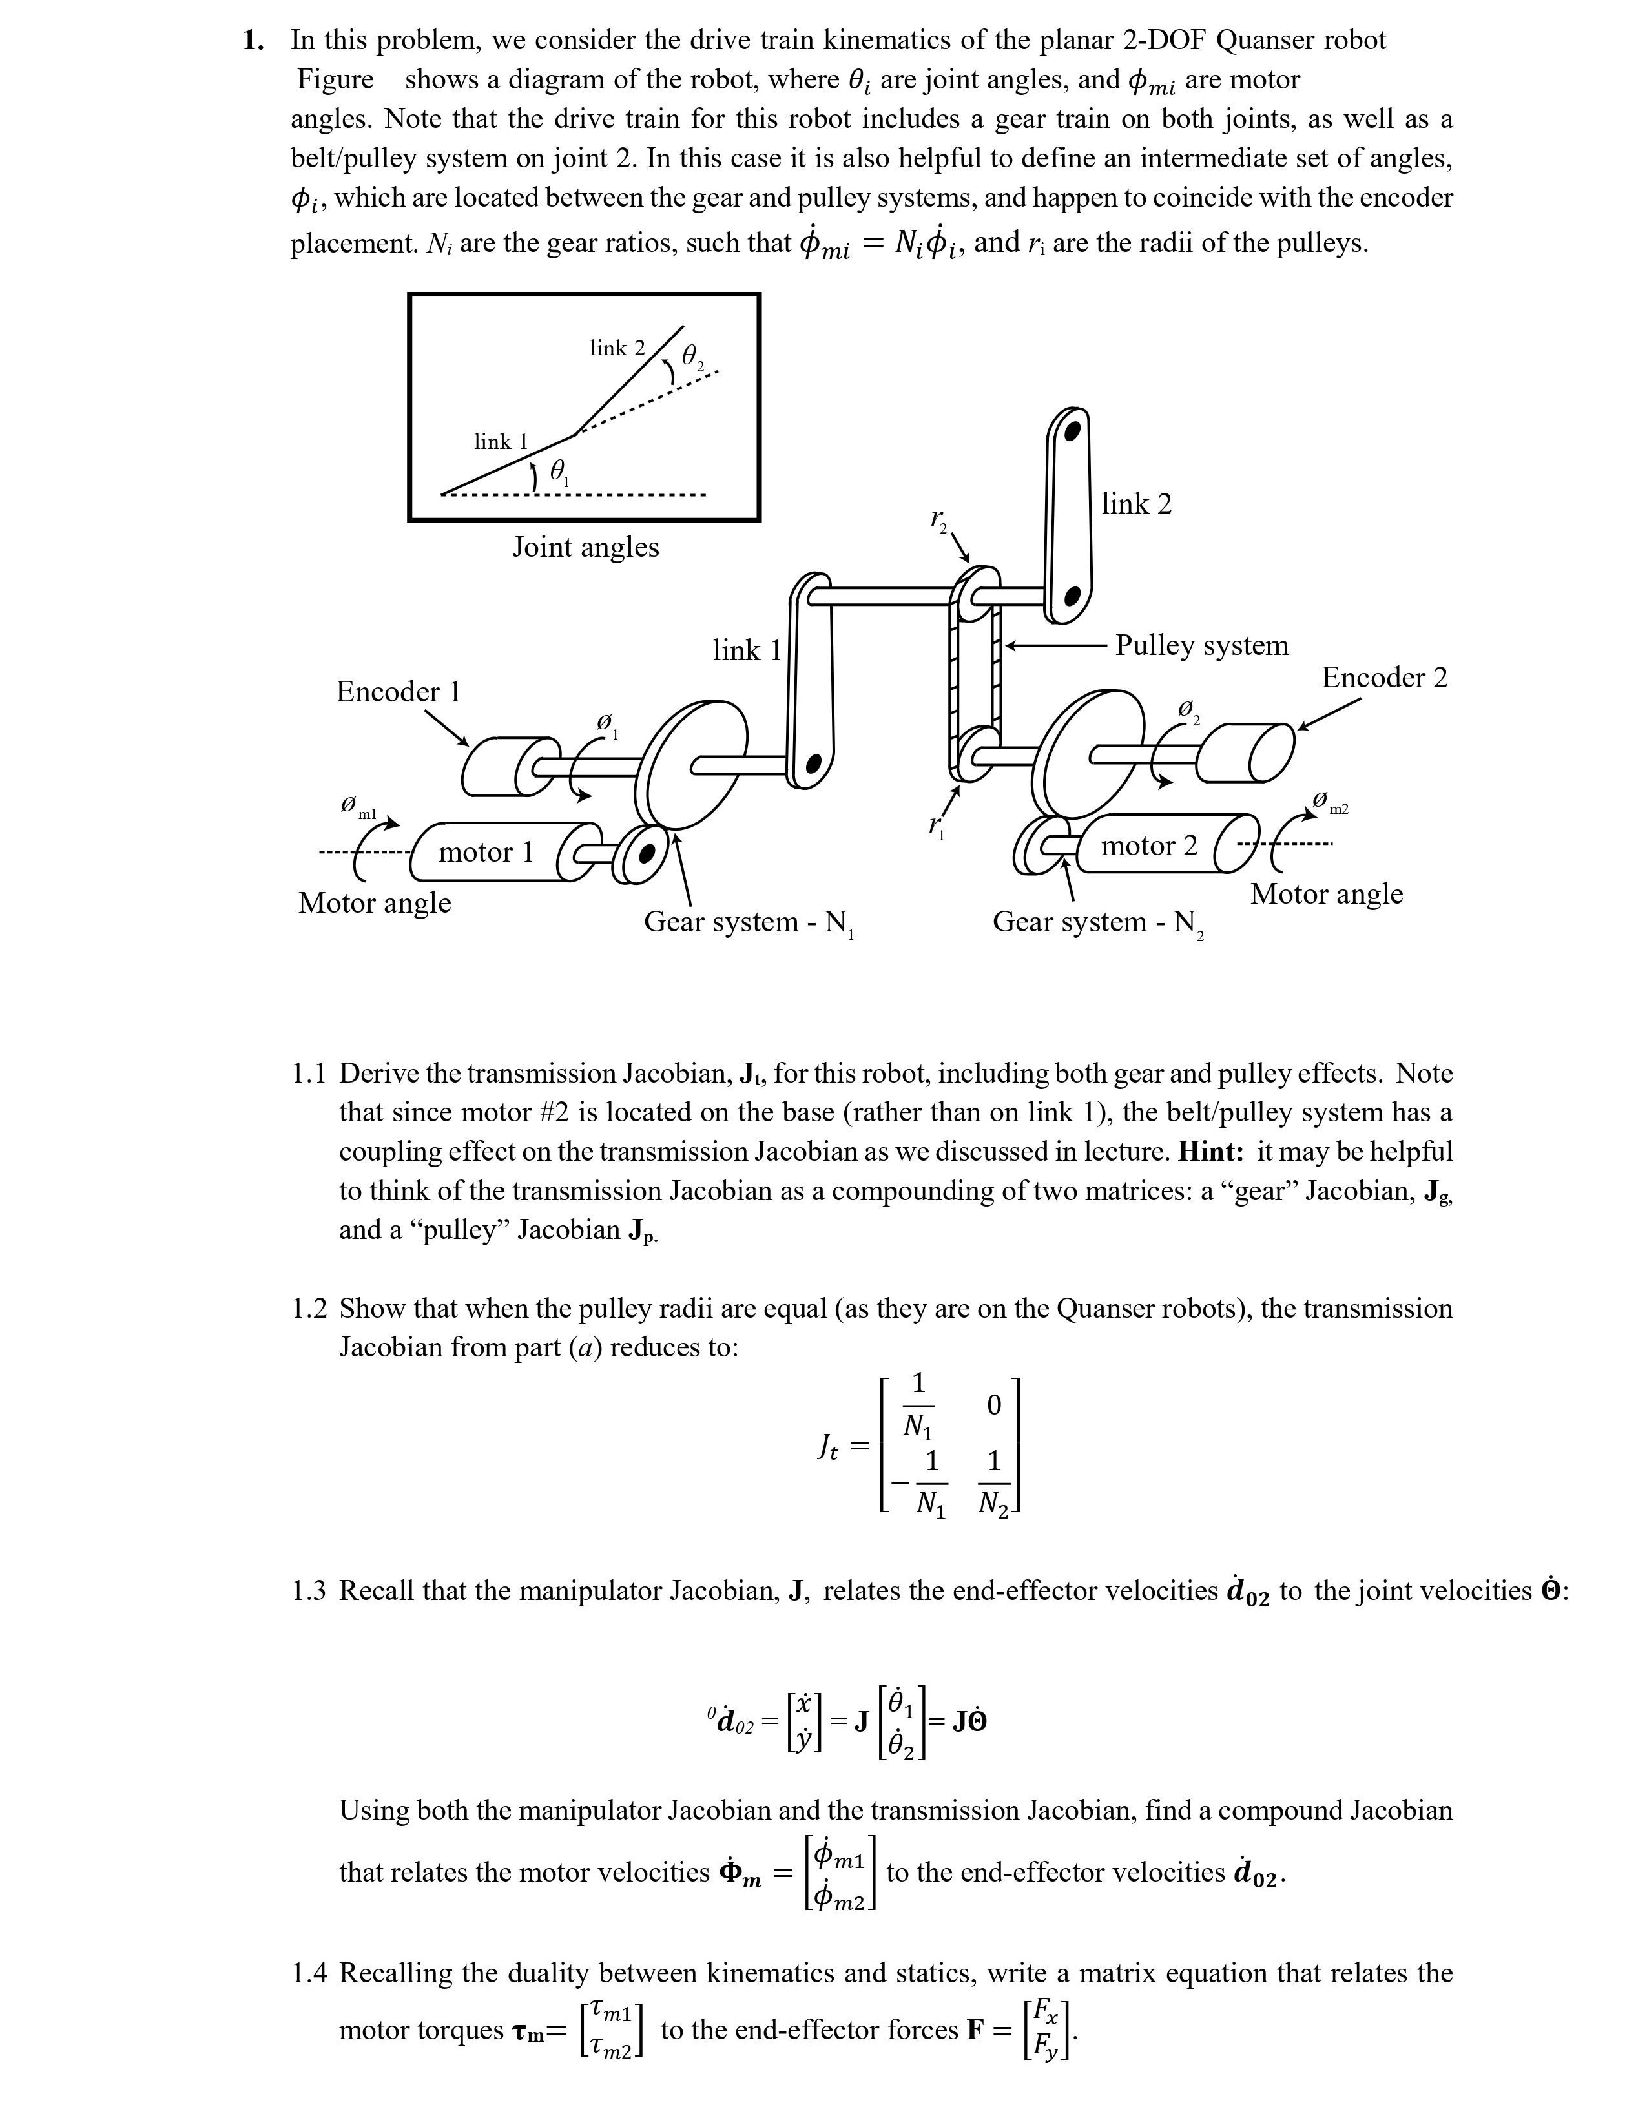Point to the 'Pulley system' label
coord(1201,645)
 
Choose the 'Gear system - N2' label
coord(1097,922)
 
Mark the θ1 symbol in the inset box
coord(559,471)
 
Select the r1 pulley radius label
coord(936,825)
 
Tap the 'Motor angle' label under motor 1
coord(375,903)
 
